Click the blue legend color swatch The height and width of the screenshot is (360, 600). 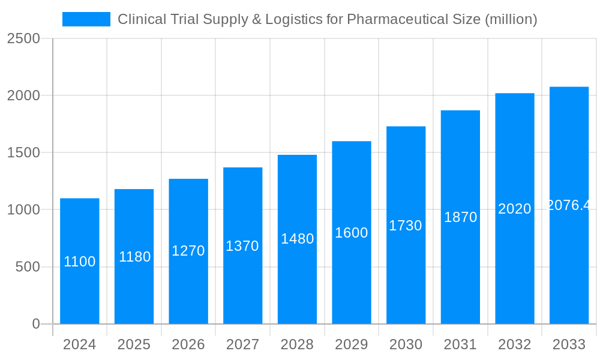coord(86,19)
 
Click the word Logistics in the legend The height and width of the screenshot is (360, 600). coord(292,19)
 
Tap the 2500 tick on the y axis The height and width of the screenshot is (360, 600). coord(24,38)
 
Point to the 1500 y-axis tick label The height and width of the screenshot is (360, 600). coord(24,153)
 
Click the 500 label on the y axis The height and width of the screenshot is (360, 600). coord(28,267)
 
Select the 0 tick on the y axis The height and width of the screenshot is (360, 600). coord(35,324)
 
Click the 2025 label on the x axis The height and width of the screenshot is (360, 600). coord(134,345)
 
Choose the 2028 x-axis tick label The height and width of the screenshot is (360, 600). coord(297,345)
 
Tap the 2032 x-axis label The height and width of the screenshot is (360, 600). coord(514,345)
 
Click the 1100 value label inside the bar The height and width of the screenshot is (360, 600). coord(80,262)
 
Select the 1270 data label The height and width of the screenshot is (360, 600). coord(188,251)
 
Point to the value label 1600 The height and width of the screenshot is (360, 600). coord(352,233)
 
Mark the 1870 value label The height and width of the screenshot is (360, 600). coord(460,217)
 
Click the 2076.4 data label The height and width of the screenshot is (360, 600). coord(569,205)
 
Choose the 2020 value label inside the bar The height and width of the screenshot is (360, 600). coord(515,209)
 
